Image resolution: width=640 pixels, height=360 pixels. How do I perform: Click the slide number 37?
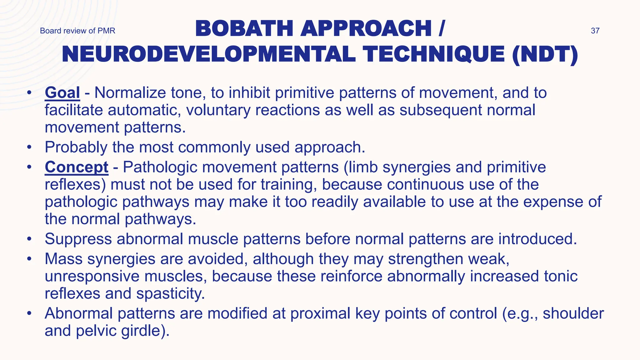click(595, 31)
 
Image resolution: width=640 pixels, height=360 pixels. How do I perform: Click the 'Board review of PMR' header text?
click(77, 31)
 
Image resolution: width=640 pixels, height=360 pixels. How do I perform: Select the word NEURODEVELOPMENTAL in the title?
click(209, 54)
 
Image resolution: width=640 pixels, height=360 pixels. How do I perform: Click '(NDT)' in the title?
click(545, 54)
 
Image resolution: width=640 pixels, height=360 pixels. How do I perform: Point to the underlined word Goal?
click(62, 93)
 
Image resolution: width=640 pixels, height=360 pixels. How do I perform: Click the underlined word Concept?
click(77, 167)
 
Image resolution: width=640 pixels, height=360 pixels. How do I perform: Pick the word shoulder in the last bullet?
click(573, 313)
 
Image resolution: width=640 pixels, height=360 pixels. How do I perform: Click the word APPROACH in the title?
click(366, 28)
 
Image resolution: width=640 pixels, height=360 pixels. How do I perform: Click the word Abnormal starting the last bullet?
click(78, 313)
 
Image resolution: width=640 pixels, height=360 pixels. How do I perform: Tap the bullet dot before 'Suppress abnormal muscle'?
click(29, 239)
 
